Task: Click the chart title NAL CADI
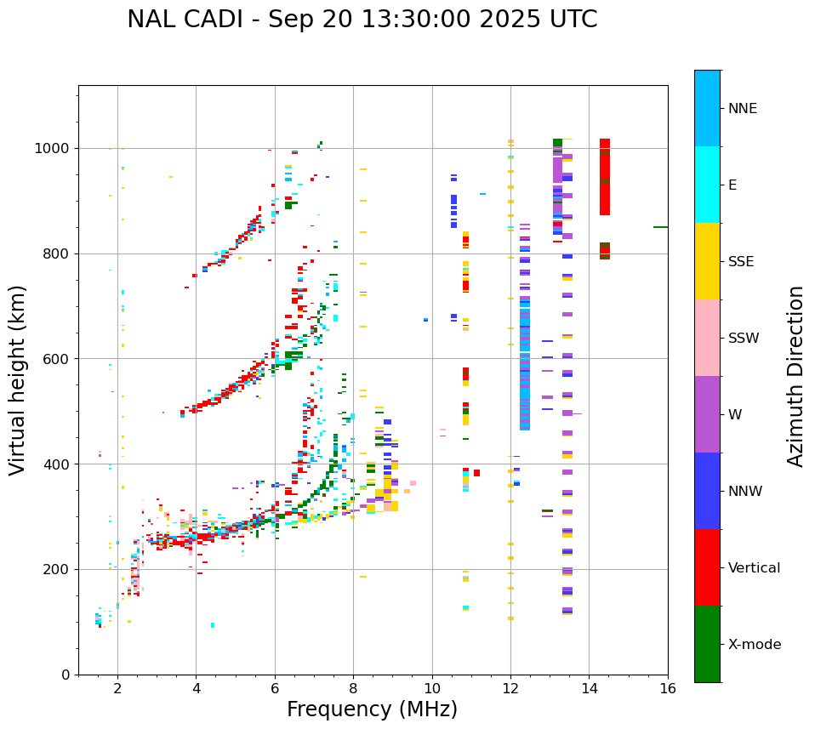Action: pyautogui.click(x=362, y=20)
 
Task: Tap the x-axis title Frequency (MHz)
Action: pyautogui.click(x=372, y=709)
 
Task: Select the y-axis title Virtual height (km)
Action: pyautogui.click(x=18, y=379)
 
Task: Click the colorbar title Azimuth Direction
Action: pyautogui.click(x=795, y=376)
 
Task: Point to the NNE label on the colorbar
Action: pyautogui.click(x=742, y=109)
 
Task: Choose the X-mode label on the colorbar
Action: pyautogui.click(x=754, y=645)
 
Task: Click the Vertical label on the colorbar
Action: pyautogui.click(x=754, y=568)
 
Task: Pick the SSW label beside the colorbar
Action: pyautogui.click(x=744, y=339)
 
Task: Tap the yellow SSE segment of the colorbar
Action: pyautogui.click(x=707, y=261)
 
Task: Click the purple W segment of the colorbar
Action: pyautogui.click(x=707, y=414)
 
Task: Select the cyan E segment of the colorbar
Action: pyautogui.click(x=707, y=185)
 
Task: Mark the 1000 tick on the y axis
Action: pyautogui.click(x=55, y=148)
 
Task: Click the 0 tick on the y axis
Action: pyautogui.click(x=66, y=675)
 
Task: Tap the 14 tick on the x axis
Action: pyautogui.click(x=589, y=688)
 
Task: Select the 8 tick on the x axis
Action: pyautogui.click(x=353, y=688)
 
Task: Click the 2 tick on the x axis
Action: pyautogui.click(x=117, y=688)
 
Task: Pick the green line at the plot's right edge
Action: pyautogui.click(x=660, y=227)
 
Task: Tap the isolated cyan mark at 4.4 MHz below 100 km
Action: pyautogui.click(x=213, y=625)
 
